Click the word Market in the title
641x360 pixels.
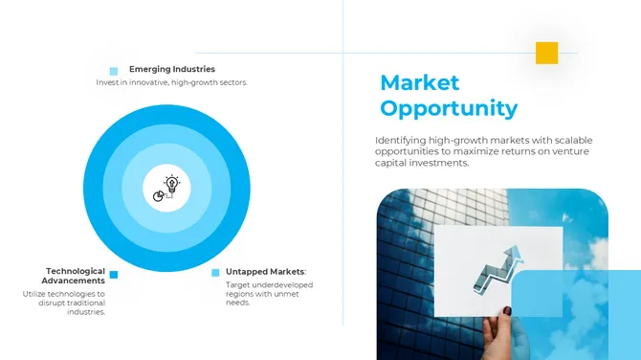[x=420, y=82]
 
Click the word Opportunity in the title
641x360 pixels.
[x=449, y=108]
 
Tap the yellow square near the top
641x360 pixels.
[x=546, y=53]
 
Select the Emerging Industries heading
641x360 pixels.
[x=172, y=69]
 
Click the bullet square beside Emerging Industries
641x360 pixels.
[x=114, y=71]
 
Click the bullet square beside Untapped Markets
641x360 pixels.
[x=215, y=273]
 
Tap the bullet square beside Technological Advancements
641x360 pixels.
[x=114, y=275]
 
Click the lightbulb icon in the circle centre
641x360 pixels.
[x=172, y=182]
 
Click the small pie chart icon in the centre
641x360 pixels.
[x=160, y=194]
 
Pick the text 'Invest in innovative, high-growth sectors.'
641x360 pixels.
[x=172, y=82]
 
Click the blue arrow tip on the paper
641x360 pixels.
[x=518, y=252]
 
